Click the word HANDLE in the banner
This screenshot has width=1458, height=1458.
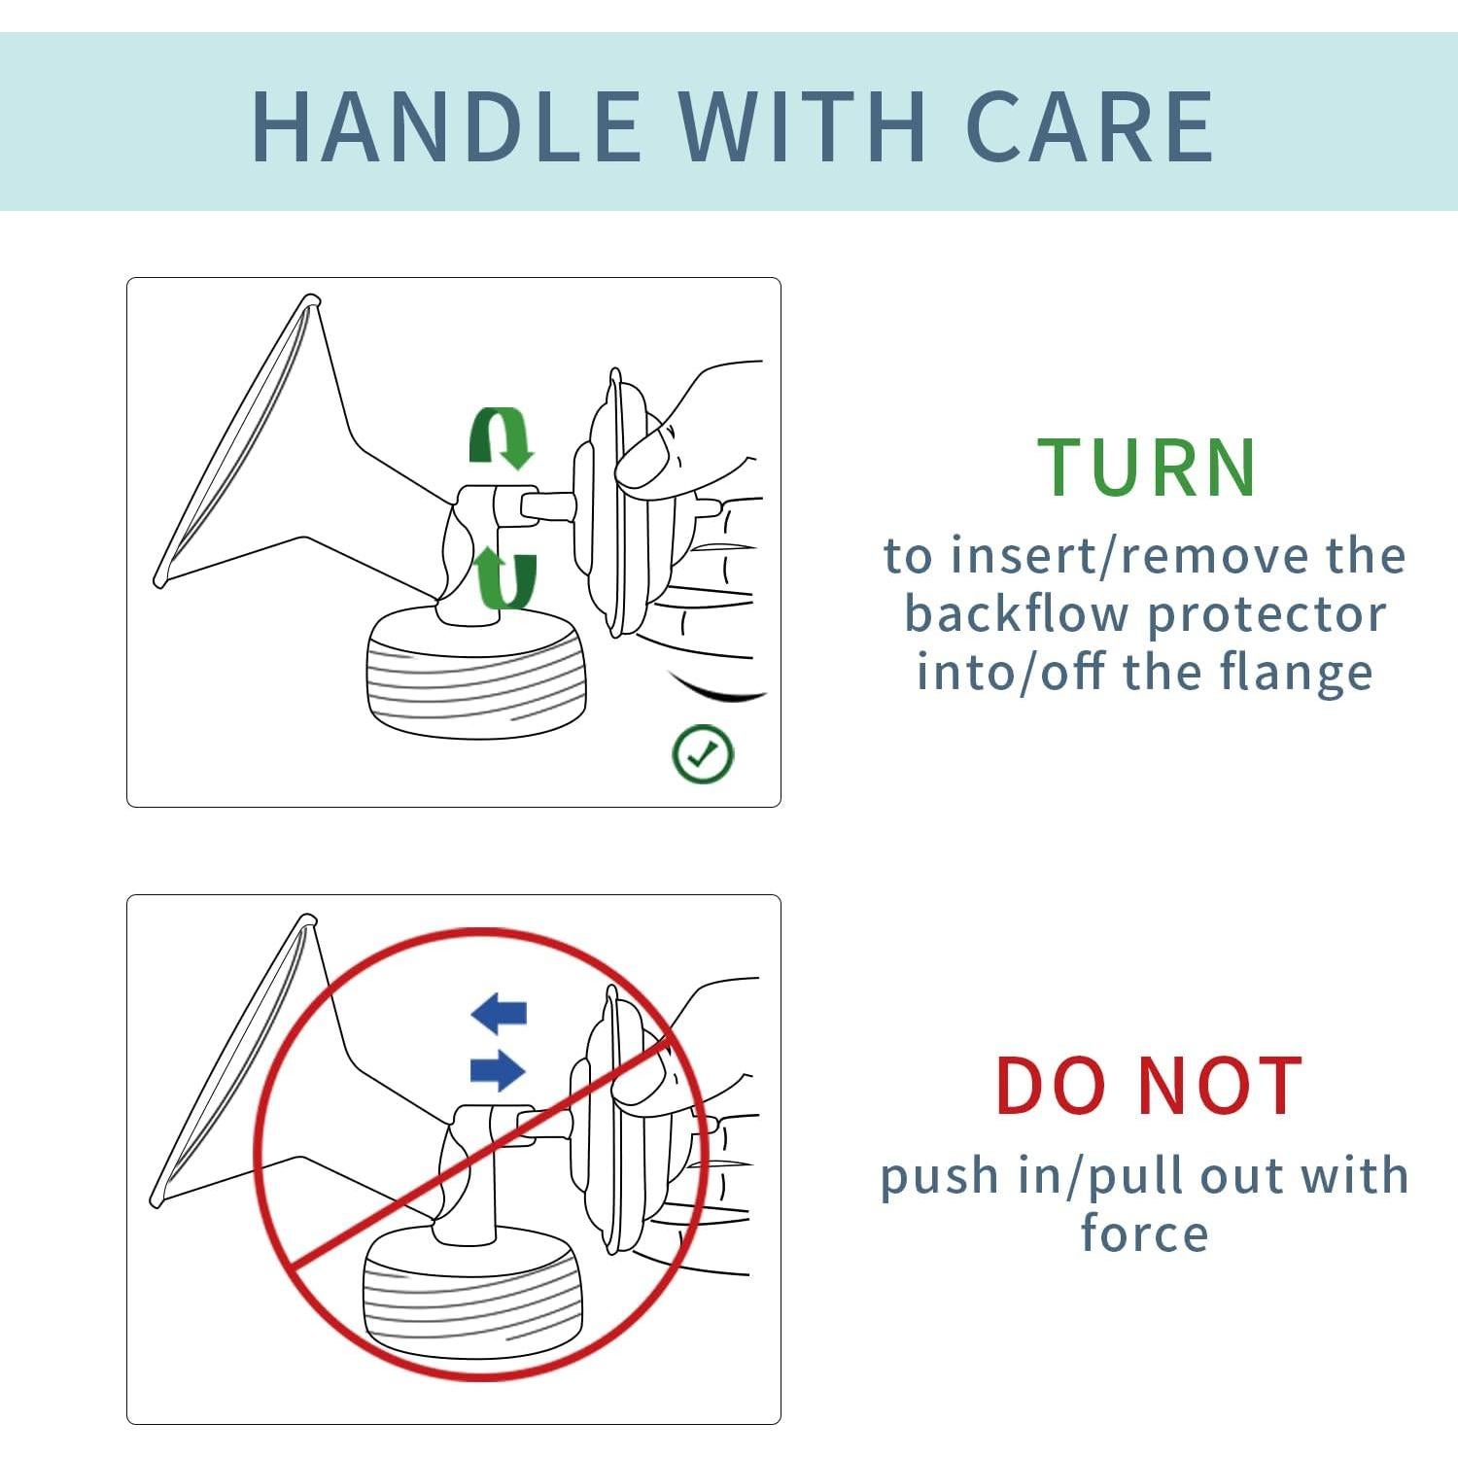pos(446,126)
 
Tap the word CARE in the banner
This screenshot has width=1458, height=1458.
pos(1091,126)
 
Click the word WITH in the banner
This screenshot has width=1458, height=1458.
pos(803,126)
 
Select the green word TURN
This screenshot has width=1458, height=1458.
pos(1148,468)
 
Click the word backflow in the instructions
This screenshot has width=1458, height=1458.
pos(1018,613)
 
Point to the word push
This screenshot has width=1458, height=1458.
pos(940,1178)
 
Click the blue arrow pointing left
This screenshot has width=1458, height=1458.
pos(500,1013)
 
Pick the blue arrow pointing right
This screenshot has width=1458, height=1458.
pos(498,1070)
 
